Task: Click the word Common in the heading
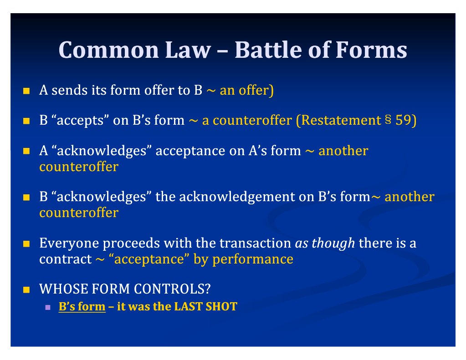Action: tap(109, 50)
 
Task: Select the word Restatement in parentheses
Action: tap(341, 120)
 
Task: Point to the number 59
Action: tap(403, 120)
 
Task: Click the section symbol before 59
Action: tap(388, 120)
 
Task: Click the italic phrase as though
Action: tap(325, 243)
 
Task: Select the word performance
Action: tap(253, 259)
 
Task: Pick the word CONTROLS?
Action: tap(172, 289)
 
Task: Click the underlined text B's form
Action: tap(82, 307)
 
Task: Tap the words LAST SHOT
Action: tap(205, 307)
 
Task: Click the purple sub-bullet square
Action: tap(48, 307)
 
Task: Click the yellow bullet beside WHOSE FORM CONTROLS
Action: tap(26, 289)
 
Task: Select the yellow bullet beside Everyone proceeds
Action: tap(26, 244)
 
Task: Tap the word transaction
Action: tap(255, 243)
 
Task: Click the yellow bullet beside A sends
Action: tap(26, 91)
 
